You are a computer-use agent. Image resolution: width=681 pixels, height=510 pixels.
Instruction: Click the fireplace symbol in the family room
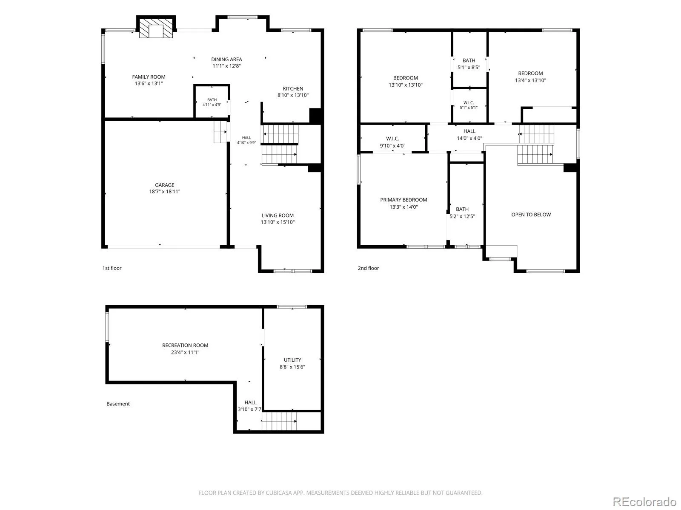156,28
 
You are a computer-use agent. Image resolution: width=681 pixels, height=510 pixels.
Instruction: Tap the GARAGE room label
164,185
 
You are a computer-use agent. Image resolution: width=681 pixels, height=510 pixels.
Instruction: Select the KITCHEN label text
293,88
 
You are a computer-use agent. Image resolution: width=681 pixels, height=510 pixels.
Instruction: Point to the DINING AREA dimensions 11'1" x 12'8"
226,65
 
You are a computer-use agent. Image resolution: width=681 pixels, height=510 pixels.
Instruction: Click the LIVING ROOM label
278,215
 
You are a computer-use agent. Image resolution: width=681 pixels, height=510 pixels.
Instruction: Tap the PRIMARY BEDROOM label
403,200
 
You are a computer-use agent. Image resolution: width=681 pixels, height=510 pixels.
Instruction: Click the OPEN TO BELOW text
531,215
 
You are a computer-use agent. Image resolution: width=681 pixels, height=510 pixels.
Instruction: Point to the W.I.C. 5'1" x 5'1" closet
469,105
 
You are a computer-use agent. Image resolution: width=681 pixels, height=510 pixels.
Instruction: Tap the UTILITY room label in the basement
292,360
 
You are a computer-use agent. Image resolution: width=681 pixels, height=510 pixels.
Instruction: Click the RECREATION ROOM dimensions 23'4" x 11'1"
185,352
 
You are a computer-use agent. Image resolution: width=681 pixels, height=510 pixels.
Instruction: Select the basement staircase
279,421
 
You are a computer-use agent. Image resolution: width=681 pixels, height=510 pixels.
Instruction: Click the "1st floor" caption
112,268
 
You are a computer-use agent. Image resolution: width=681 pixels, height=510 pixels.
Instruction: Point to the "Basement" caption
118,404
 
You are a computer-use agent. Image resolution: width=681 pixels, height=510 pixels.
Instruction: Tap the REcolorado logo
644,501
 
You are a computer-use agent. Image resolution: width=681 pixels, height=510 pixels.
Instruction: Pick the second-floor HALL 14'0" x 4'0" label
469,135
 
